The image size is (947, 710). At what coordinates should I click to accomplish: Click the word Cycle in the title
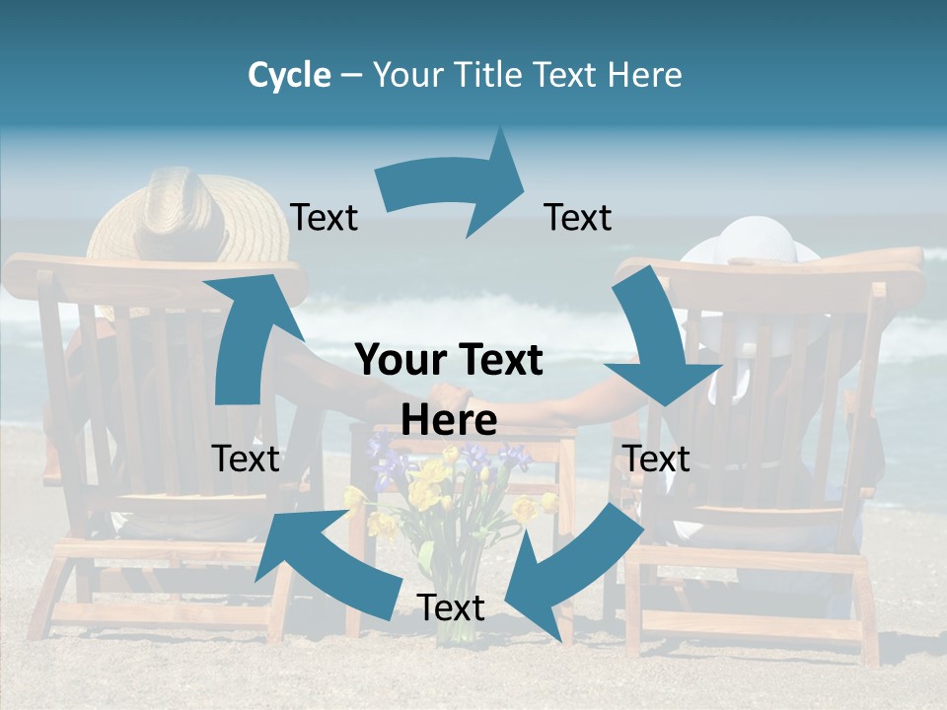point(289,75)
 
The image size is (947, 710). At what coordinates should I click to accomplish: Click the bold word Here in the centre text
point(449,421)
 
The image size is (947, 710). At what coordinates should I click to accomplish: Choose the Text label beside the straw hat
point(324,217)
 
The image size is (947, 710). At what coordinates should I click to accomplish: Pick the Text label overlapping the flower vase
point(451,607)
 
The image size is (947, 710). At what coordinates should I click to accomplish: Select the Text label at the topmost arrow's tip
point(578,217)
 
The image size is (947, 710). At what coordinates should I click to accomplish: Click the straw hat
point(174,222)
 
